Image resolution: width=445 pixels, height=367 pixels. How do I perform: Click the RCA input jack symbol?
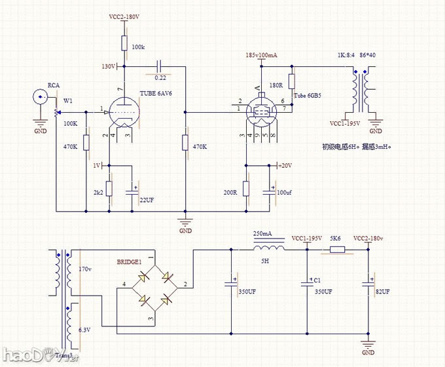[x=39, y=98]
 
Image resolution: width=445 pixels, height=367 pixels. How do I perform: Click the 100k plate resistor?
[x=123, y=44]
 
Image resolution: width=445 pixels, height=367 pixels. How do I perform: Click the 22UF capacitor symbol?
[x=133, y=190]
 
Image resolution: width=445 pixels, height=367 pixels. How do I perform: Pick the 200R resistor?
[x=245, y=189]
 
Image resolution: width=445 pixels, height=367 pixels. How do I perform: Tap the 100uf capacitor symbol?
[x=270, y=191]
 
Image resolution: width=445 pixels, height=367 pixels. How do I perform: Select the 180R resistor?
[x=291, y=82]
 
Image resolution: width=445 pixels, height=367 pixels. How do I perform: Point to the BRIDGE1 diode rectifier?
[x=152, y=286]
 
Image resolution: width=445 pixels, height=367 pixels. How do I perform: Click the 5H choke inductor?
[x=267, y=248]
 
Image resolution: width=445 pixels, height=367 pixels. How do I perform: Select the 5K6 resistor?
[x=337, y=249]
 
